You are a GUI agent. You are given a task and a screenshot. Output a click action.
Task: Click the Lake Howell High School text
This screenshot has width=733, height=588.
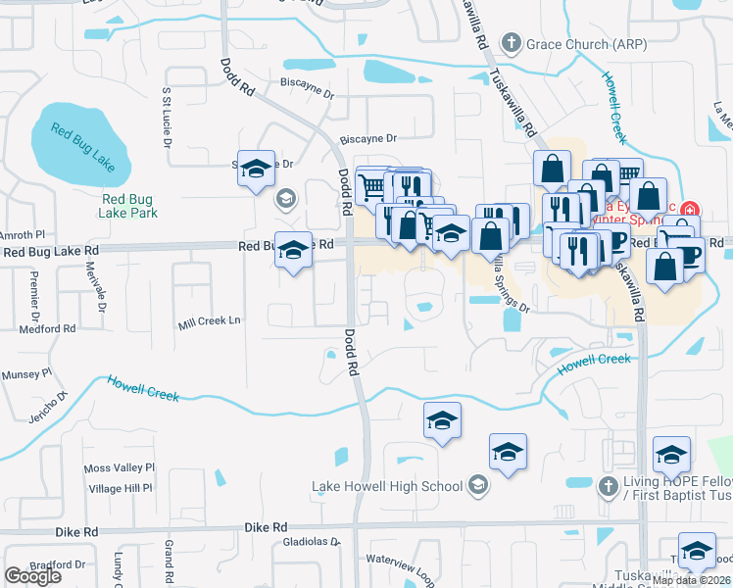386,486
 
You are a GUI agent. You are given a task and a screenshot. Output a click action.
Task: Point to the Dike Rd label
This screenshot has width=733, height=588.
76,531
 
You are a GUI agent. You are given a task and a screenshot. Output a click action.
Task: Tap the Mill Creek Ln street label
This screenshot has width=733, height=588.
209,320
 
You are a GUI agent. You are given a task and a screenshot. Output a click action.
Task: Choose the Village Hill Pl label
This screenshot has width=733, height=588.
120,488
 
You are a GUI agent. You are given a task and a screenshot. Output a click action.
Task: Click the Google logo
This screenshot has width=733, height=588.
33,576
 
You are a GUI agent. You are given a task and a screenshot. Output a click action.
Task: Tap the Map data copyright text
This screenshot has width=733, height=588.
692,580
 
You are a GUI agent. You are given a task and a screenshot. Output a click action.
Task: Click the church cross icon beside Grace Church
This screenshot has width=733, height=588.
511,43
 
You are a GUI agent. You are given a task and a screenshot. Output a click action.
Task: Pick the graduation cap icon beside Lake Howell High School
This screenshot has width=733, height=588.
477,485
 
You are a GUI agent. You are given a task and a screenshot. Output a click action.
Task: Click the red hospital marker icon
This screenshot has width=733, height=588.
690,210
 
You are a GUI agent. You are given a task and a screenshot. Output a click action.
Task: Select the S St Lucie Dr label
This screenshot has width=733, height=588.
167,118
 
